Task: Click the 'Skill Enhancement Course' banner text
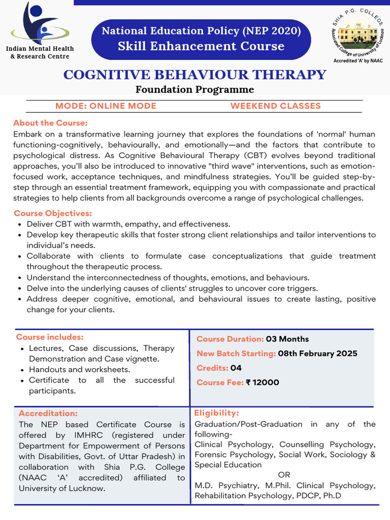[201, 46]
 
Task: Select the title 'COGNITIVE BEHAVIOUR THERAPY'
[194, 75]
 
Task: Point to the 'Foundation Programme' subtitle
[194, 90]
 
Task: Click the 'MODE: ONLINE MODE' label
[106, 106]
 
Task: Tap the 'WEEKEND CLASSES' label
[275, 106]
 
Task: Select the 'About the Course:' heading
[50, 123]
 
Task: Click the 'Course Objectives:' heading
[53, 213]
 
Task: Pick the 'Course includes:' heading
[50, 337]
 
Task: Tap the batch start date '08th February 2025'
[317, 353]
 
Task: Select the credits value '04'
[236, 368]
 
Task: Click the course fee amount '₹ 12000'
[263, 382]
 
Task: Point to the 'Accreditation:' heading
[48, 413]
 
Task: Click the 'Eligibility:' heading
[216, 413]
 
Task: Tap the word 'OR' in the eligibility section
[284, 475]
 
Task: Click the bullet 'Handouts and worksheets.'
[79, 370]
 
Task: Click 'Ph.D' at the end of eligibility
[331, 496]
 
